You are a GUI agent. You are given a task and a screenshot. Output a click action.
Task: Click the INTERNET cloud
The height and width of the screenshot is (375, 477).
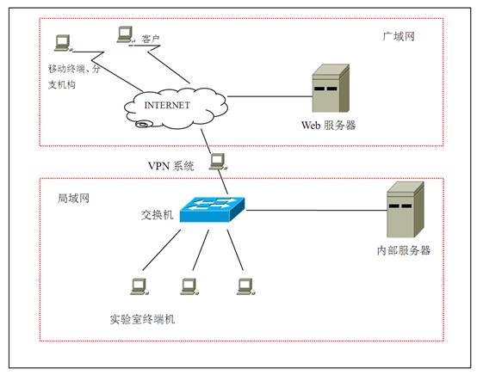(x=176, y=108)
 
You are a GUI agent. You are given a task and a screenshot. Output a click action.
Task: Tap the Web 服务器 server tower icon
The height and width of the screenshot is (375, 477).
(x=331, y=88)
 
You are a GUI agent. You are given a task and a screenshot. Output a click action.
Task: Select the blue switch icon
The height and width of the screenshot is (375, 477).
(x=212, y=209)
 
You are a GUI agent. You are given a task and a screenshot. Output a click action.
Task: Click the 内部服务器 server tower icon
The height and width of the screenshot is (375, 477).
(x=406, y=209)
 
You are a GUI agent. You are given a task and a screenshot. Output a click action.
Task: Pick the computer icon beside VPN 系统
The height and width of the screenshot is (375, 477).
(x=218, y=162)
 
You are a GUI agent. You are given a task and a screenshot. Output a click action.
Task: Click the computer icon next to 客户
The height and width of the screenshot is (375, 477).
(x=125, y=34)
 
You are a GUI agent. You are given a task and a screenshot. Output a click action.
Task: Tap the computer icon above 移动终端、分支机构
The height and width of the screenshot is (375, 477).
(x=63, y=43)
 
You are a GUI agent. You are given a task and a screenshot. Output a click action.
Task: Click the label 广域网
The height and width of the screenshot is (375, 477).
(x=399, y=37)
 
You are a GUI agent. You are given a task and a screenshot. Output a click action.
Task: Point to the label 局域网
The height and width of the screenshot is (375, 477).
(x=74, y=199)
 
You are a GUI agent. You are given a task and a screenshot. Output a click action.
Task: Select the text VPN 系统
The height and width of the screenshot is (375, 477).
(x=171, y=166)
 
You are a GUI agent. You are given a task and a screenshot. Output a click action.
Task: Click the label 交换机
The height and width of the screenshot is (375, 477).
(x=157, y=215)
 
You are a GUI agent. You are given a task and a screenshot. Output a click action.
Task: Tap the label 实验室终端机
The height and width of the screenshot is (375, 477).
(x=142, y=319)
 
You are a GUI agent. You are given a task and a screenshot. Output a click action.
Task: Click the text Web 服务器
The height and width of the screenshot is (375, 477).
(x=329, y=126)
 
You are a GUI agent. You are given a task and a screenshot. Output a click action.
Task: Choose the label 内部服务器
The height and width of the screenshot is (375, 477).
(x=404, y=250)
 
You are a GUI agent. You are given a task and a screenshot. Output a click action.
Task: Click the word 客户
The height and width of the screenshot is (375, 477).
(x=151, y=39)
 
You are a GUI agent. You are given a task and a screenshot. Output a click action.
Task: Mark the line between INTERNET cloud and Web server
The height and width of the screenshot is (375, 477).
(x=270, y=96)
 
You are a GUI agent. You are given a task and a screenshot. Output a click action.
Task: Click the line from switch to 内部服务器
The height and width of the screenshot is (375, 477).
(x=316, y=210)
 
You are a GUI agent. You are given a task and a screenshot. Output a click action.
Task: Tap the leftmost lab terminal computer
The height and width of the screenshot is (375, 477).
(x=139, y=286)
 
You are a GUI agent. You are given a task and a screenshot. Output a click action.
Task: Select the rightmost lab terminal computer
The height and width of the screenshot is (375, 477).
(x=246, y=286)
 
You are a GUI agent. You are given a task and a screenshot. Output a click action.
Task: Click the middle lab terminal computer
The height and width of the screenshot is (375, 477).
(x=189, y=286)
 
